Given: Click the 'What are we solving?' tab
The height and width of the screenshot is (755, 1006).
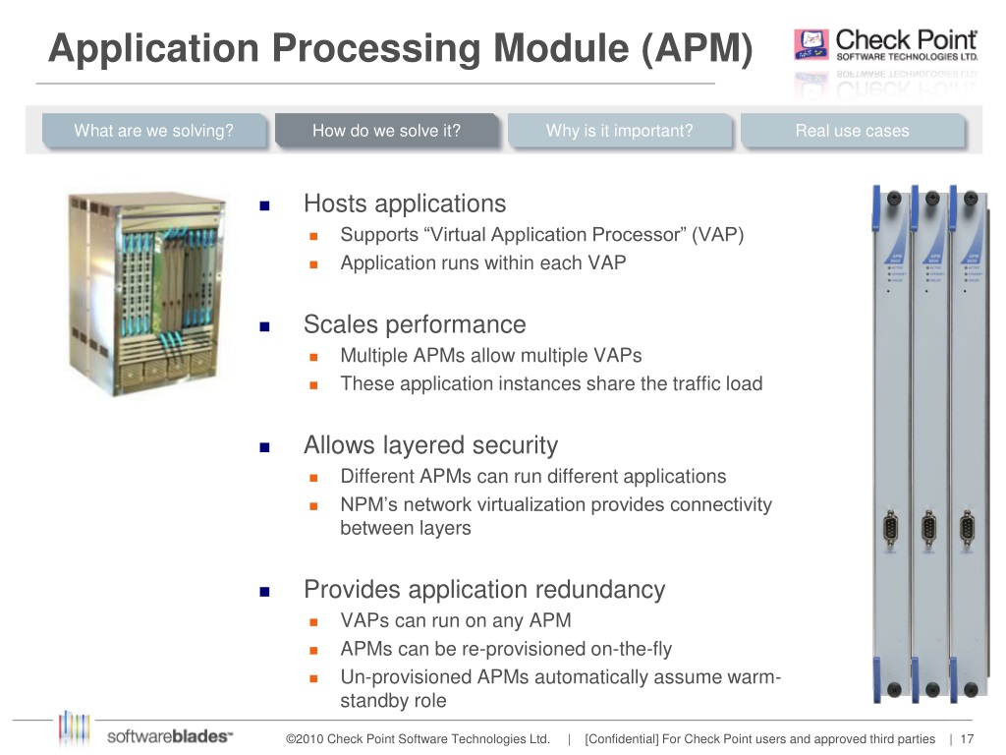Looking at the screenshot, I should [153, 131].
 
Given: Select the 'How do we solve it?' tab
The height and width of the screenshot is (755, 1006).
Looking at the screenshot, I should [386, 131].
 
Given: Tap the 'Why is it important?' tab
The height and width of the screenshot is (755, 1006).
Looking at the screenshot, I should [619, 131].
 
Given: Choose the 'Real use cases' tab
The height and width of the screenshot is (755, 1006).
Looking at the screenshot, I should [852, 131].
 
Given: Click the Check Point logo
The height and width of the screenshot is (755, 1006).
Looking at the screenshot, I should [886, 45].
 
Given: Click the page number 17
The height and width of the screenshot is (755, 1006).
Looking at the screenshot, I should [967, 739].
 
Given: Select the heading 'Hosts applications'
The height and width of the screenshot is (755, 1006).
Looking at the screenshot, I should [405, 203].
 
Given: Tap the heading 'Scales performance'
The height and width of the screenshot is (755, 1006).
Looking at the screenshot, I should [415, 324].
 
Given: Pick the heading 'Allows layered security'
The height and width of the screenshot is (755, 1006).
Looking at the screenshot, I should [430, 445].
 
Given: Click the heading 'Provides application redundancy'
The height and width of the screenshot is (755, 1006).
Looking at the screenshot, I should [484, 590].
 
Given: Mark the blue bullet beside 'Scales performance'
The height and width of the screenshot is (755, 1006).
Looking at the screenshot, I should [263, 326].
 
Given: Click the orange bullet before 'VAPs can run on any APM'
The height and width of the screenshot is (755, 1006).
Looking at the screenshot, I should [315, 622].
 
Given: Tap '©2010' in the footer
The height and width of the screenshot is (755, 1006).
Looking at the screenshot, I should [304, 739].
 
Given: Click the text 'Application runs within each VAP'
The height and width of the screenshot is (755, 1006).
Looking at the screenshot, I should [482, 262].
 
